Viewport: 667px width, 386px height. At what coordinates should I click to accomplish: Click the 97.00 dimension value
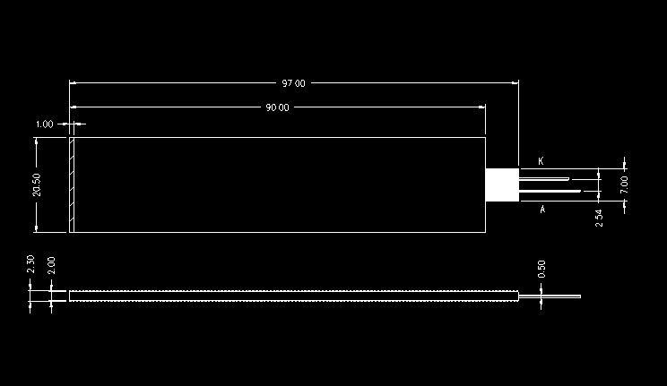click(293, 83)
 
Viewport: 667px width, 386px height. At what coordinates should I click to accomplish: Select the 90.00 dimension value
click(277, 107)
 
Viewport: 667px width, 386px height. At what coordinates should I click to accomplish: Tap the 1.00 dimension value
click(44, 124)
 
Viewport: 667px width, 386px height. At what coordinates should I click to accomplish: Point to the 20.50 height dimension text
click(36, 184)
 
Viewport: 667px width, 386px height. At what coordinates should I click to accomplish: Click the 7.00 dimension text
click(624, 184)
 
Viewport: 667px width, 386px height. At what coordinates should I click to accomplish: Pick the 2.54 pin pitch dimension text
click(599, 217)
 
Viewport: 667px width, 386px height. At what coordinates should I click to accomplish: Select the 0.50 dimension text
click(541, 269)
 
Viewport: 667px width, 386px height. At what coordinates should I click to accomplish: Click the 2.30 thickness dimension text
click(30, 264)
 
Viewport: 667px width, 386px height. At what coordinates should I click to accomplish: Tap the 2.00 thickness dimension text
click(51, 265)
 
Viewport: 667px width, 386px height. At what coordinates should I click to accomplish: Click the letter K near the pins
click(541, 161)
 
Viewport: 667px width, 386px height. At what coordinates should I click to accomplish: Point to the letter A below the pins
click(542, 210)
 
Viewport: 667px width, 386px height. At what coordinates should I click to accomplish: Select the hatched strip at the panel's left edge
click(72, 184)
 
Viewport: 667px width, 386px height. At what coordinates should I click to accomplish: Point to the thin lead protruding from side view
click(550, 296)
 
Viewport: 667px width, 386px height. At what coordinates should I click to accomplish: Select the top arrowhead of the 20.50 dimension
click(36, 142)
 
